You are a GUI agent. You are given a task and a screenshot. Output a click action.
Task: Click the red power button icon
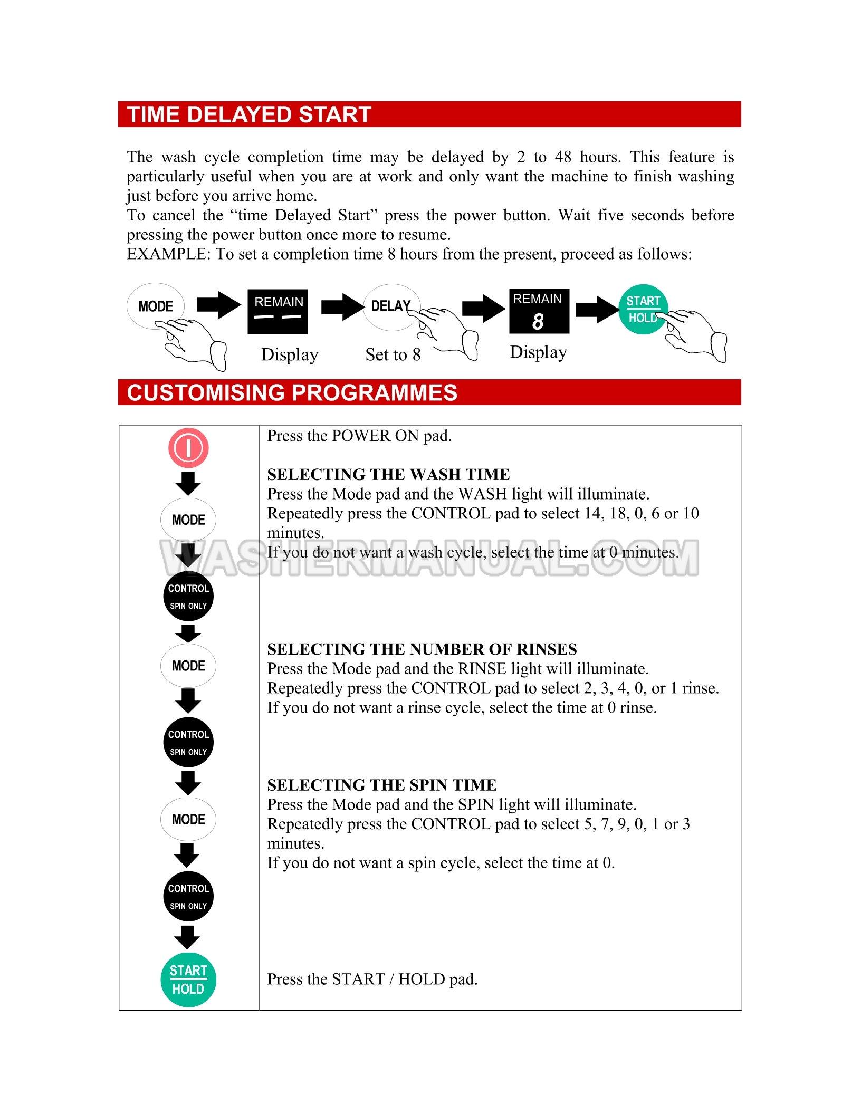tap(188, 448)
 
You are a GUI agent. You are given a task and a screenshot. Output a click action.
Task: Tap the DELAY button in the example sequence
tap(391, 306)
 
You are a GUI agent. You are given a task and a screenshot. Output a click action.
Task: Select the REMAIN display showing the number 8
tap(539, 311)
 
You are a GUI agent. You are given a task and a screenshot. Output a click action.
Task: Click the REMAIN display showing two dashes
tap(278, 311)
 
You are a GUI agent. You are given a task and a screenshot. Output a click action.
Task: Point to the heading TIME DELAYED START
tap(249, 114)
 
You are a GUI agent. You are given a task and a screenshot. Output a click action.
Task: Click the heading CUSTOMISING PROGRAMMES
tap(292, 392)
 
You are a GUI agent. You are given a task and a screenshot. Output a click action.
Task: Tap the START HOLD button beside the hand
tap(643, 310)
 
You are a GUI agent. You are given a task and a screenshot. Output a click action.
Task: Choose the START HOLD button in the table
tap(188, 979)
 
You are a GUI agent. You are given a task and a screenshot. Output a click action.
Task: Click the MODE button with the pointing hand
tap(156, 306)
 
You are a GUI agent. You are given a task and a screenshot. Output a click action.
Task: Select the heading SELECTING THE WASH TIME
tap(388, 474)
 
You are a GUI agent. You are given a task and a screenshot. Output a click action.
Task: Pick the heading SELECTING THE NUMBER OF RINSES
tap(422, 649)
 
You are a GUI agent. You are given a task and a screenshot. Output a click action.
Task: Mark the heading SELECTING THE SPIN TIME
tap(382, 785)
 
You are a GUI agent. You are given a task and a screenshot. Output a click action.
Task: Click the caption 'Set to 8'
tap(393, 354)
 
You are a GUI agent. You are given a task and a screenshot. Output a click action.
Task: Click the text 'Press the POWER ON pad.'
tap(359, 436)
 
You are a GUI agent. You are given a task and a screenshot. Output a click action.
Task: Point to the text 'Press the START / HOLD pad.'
tap(372, 979)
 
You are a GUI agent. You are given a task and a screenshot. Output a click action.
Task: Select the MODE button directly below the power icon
tap(188, 520)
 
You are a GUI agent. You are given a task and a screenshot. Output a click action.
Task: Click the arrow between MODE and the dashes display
tap(218, 305)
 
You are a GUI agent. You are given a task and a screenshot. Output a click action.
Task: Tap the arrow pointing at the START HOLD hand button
tap(597, 309)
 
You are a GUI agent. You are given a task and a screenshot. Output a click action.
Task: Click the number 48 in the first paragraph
tap(563, 157)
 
